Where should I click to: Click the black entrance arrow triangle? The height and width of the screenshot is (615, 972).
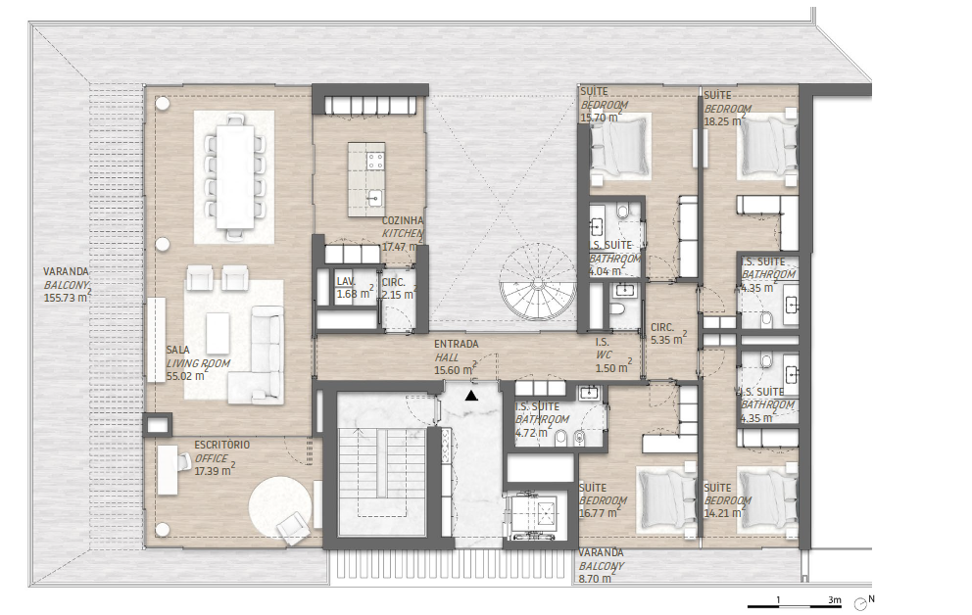pos(471,395)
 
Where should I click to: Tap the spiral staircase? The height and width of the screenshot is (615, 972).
pos(538,281)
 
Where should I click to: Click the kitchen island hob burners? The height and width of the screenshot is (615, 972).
pos(375,161)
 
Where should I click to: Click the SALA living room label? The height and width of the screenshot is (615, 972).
pos(198,363)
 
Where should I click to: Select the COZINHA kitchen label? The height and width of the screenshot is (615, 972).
pos(403,233)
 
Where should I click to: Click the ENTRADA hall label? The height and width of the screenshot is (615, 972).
pos(457,357)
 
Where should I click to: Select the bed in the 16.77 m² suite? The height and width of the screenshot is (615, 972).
pos(667,498)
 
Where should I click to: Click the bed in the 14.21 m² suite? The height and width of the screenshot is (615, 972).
pos(767,498)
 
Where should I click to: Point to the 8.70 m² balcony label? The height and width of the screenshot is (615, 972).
pos(602,566)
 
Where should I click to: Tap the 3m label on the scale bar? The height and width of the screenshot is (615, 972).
pos(835,600)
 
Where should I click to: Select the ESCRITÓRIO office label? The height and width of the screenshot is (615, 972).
pos(221,458)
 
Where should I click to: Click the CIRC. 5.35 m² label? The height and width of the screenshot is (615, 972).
pos(668,334)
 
